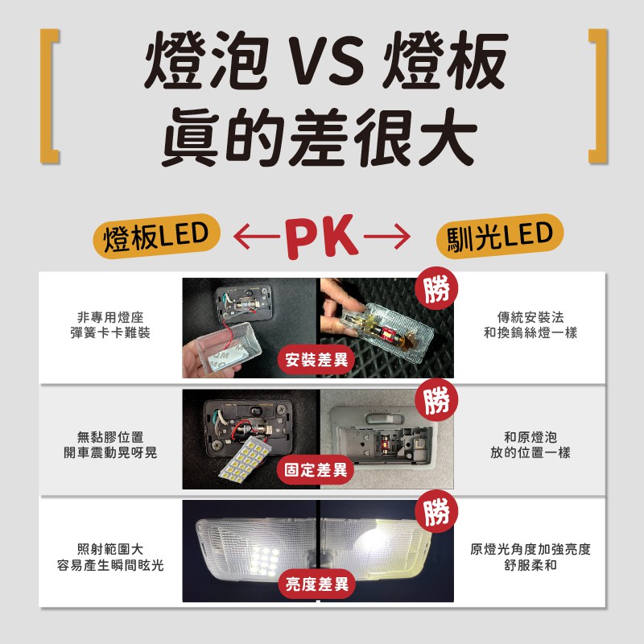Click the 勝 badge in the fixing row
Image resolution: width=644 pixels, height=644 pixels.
[x=436, y=401]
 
